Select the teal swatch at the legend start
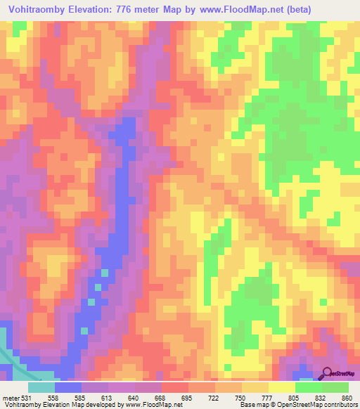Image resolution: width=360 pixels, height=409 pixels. pyautogui.click(x=41, y=387)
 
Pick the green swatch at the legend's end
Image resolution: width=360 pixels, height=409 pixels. pyautogui.click(x=335, y=387)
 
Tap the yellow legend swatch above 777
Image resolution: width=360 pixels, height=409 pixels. pyautogui.click(x=282, y=387)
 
